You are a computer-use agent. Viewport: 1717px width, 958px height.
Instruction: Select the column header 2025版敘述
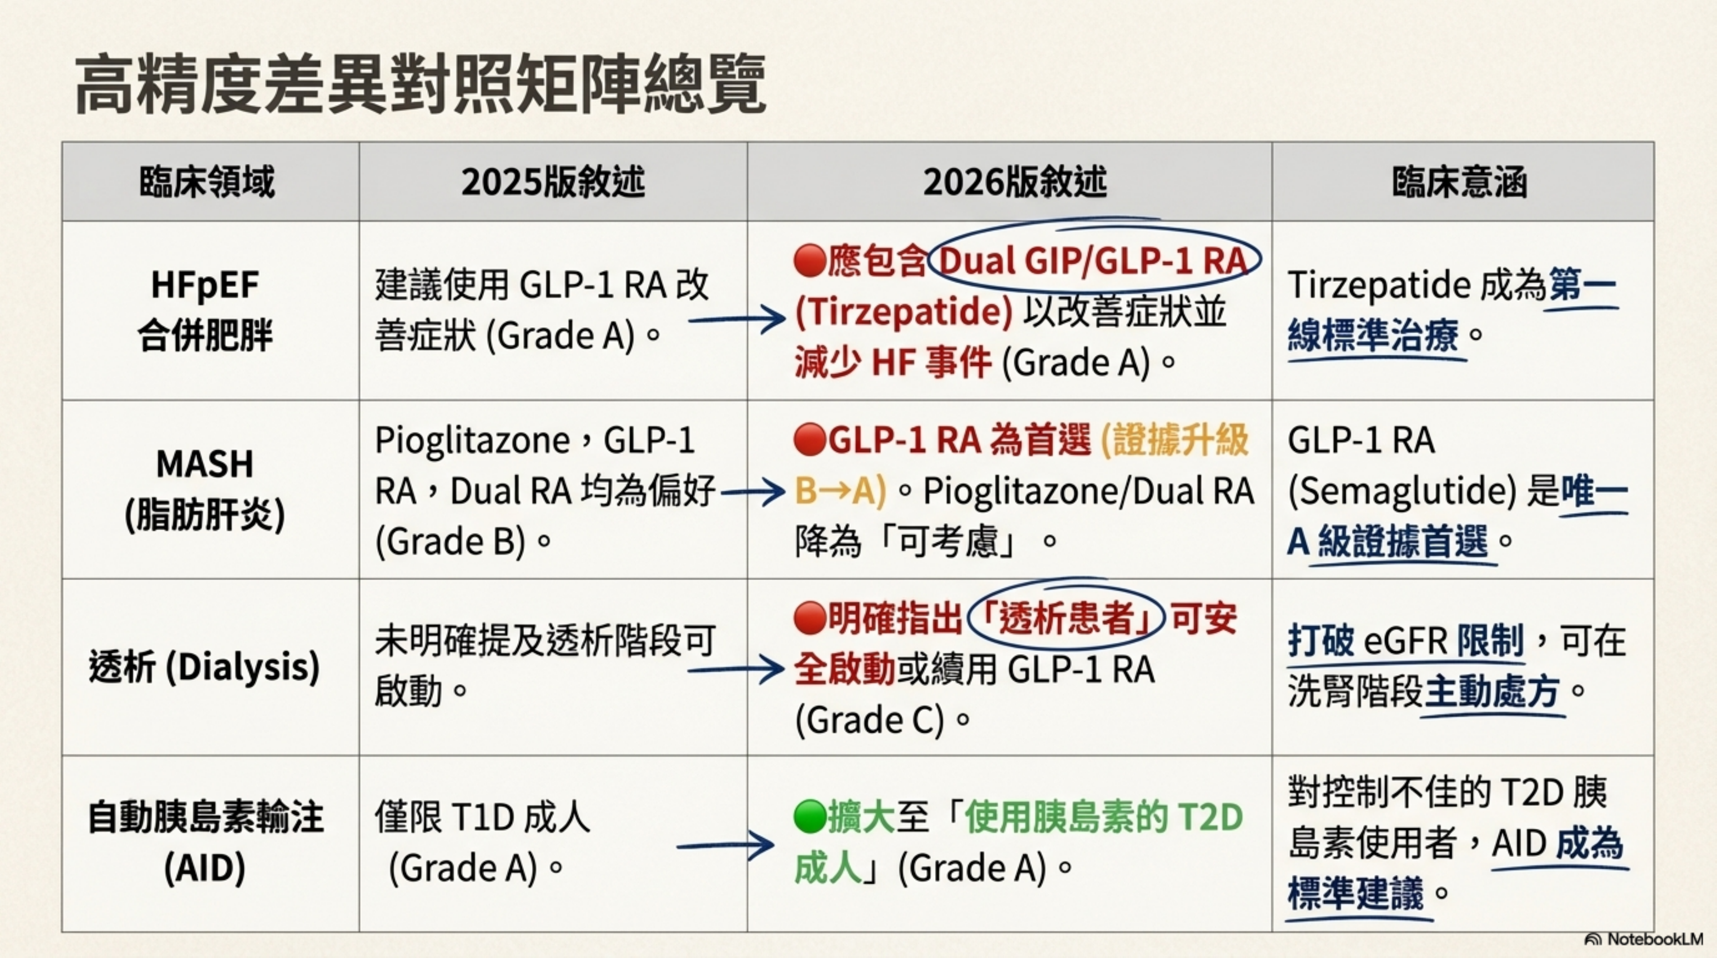click(553, 182)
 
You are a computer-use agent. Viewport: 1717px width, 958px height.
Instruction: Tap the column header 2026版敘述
click(1015, 182)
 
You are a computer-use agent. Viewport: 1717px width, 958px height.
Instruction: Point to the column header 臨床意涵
click(1460, 182)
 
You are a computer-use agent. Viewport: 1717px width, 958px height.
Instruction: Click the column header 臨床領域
click(207, 182)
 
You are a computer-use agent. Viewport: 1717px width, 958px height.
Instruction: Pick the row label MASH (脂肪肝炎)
click(205, 490)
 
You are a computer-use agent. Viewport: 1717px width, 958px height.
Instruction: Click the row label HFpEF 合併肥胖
click(205, 310)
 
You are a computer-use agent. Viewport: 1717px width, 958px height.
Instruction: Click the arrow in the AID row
click(725, 845)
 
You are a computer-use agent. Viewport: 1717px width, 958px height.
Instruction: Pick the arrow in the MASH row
click(753, 492)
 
